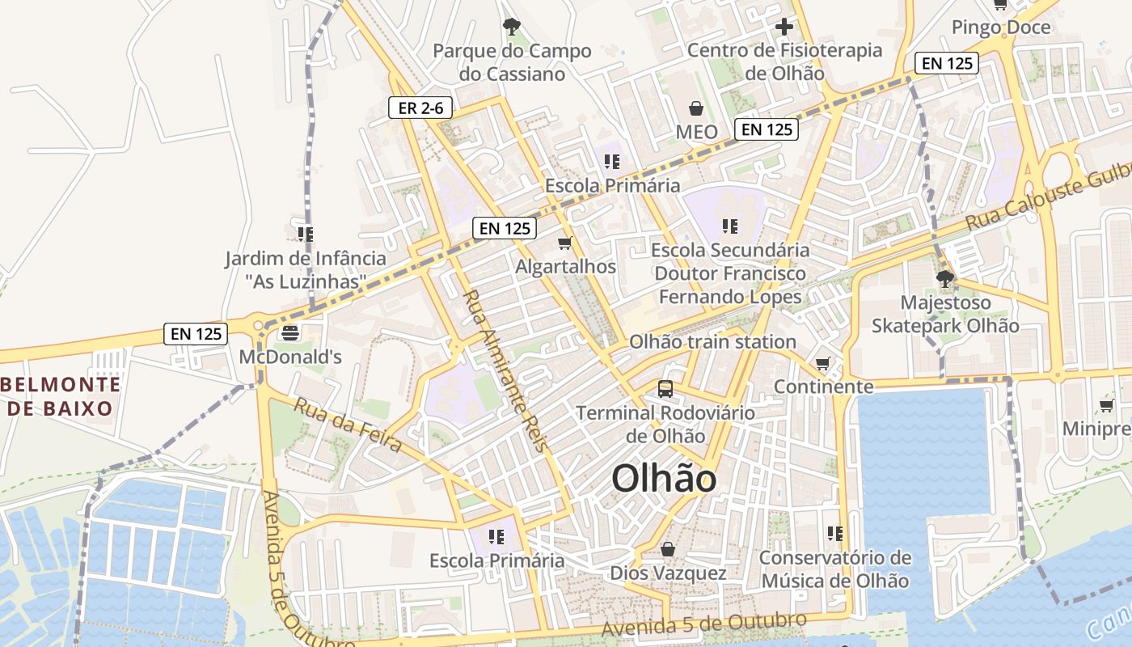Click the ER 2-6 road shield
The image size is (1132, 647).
[420, 108]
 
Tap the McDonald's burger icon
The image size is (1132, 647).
[290, 332]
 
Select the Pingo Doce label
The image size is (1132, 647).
[1001, 27]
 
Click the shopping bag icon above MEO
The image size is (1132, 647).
[695, 108]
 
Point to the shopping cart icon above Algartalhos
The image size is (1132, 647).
[565, 243]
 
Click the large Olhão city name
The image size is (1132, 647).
[664, 479]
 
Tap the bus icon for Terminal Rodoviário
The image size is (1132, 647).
[665, 389]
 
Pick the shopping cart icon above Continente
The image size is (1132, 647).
[823, 364]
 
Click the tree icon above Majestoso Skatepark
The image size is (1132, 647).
[944, 280]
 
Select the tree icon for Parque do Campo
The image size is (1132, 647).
[511, 27]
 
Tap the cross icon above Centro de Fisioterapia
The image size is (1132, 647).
[784, 27]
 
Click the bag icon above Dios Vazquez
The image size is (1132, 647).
[668, 549]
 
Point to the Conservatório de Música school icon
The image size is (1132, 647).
[835, 534]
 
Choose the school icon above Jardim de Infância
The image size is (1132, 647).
[305, 235]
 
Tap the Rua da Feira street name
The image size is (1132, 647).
[348, 425]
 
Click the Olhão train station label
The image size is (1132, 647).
[712, 342]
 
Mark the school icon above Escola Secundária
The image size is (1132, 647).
[730, 226]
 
